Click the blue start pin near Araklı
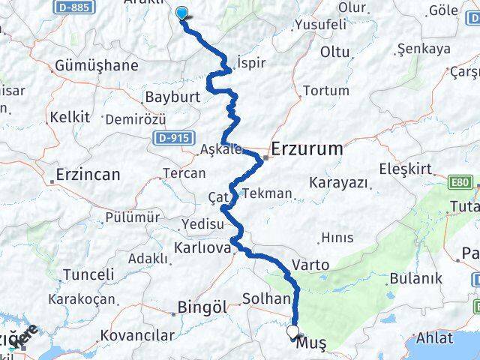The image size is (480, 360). pos(181,12)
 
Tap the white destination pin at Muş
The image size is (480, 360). pos(292,331)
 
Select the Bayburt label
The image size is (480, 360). pos(173,97)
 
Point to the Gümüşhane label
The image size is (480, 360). pos(96,65)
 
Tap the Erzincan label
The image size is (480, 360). pos(88,175)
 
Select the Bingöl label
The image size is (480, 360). pos(202,306)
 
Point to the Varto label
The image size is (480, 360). pos(310,264)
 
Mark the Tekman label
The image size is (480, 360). pos(267,193)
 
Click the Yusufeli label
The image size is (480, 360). pos(320,24)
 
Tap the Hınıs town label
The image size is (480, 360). pos(336,238)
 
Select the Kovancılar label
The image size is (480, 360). pos(139,335)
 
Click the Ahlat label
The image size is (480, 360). pos(434,337)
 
